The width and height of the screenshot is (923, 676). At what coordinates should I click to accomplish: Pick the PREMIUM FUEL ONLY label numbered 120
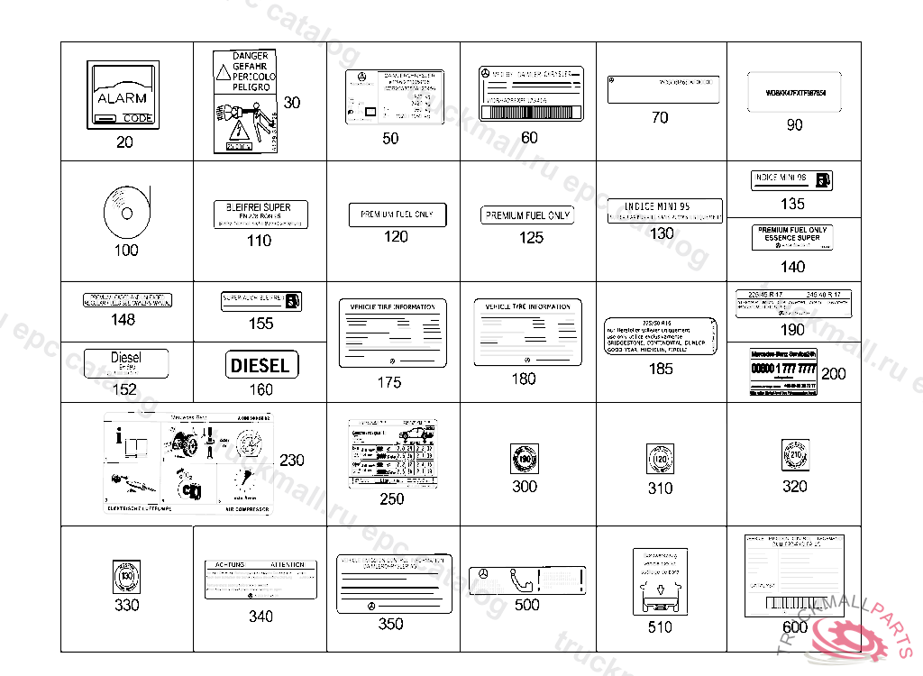point(397,215)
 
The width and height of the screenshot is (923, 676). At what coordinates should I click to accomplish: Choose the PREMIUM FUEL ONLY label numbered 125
point(528,215)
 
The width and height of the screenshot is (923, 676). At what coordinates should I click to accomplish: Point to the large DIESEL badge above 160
point(261,365)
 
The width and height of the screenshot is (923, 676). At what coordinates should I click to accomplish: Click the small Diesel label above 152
point(126,363)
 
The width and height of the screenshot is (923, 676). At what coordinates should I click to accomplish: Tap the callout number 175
point(389,383)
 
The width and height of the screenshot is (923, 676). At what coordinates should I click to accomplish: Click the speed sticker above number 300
point(524,459)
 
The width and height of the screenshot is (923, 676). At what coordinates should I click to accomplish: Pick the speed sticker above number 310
point(660,461)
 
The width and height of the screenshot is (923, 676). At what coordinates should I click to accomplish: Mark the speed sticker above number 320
point(794,457)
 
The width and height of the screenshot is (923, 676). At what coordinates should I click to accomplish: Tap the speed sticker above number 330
point(126,576)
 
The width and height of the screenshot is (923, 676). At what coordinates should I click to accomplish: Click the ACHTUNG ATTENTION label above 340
point(260,580)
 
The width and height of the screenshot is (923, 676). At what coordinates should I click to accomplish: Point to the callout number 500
point(526,606)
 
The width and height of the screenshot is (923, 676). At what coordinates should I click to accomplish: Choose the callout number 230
point(292,461)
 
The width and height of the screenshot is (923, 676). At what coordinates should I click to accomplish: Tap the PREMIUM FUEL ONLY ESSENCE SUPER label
point(792,237)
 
